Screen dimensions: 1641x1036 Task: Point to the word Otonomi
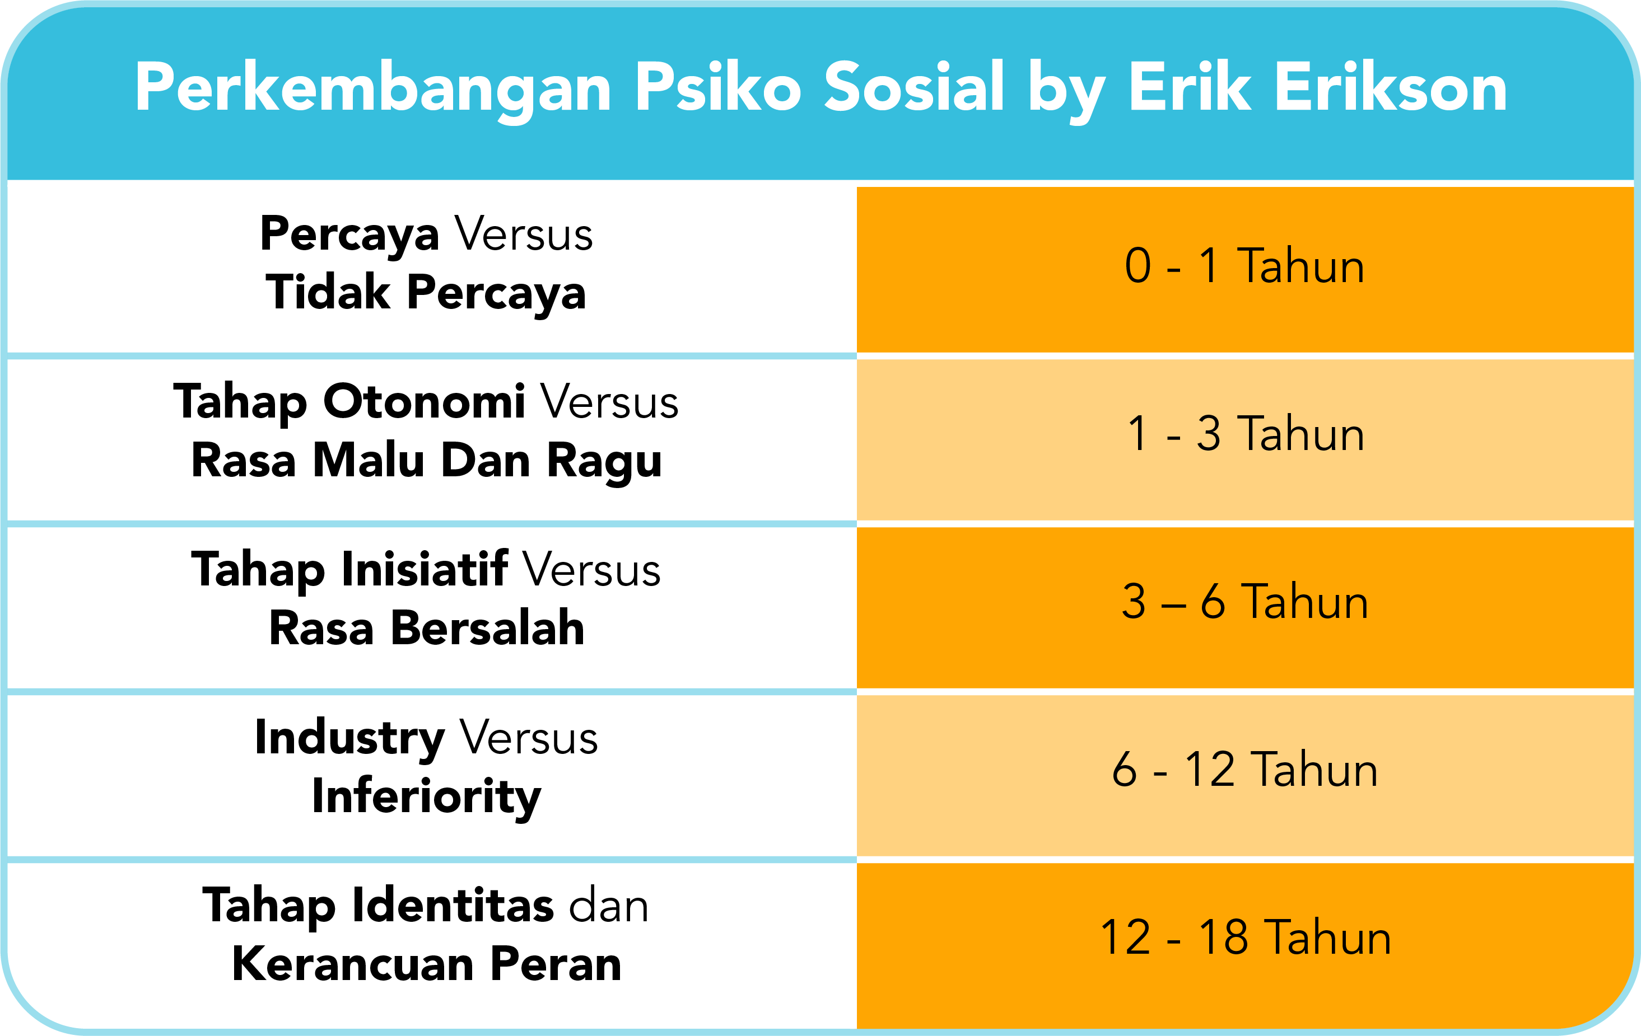click(x=424, y=401)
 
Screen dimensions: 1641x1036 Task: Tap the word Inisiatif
click(x=425, y=568)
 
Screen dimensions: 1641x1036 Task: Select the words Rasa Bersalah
click(x=427, y=627)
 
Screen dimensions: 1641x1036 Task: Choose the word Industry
click(x=350, y=738)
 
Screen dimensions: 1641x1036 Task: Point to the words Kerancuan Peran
click(x=427, y=964)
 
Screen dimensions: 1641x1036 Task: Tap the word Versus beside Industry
click(x=529, y=738)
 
